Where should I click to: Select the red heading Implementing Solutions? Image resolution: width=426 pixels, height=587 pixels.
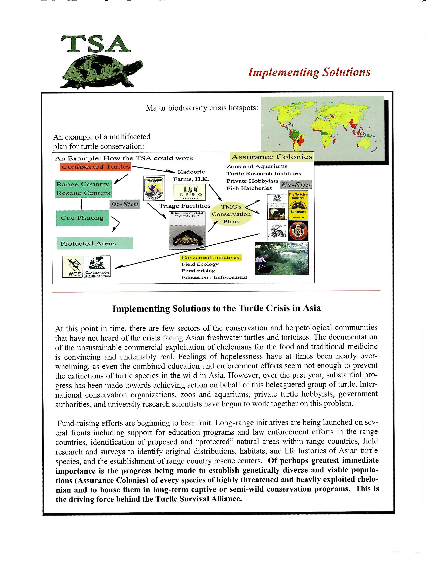tap(309, 72)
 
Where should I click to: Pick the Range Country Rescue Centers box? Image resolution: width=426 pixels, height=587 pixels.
tap(83, 189)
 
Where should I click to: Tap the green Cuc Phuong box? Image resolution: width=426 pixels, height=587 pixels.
tap(82, 218)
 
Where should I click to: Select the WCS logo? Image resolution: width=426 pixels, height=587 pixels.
tap(72, 267)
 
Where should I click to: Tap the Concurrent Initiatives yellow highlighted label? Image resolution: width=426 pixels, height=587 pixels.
tap(211, 257)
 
